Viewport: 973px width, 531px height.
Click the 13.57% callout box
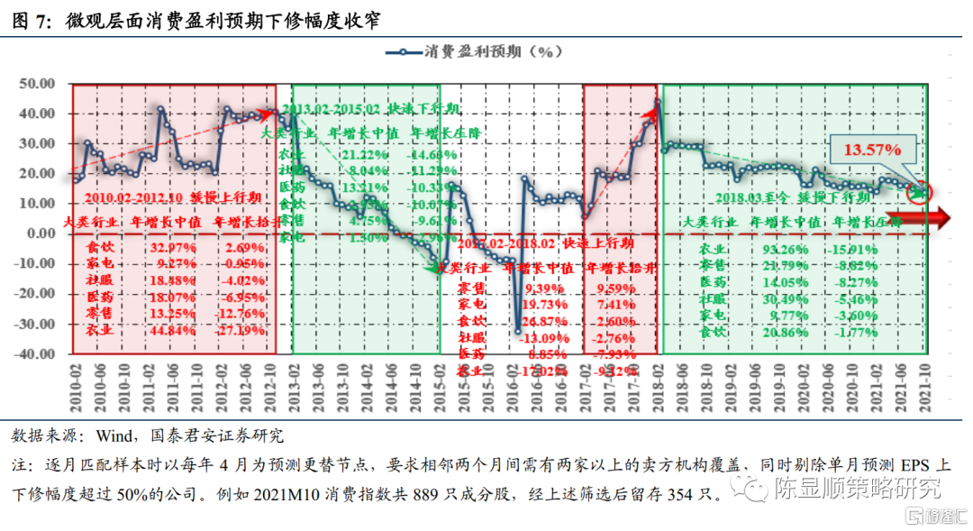coord(873,150)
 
